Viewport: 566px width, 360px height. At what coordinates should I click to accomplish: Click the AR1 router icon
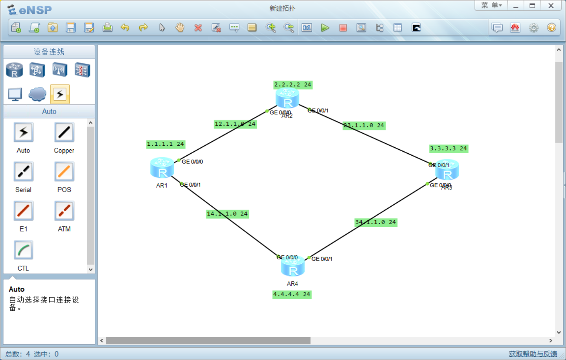click(x=162, y=168)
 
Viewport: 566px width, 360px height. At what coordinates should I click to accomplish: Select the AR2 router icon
click(x=287, y=98)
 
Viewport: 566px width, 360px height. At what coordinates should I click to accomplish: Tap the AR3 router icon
click(x=447, y=170)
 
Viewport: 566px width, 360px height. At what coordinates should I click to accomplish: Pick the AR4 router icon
click(x=293, y=266)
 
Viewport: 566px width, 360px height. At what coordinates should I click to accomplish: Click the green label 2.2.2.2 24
click(x=293, y=84)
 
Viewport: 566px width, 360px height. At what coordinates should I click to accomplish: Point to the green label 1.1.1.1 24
click(x=165, y=144)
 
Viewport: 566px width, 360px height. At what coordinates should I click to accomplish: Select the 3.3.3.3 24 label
click(x=448, y=149)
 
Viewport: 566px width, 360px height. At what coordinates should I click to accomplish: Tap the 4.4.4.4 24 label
click(x=292, y=294)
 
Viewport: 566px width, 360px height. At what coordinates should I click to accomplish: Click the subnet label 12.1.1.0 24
click(x=235, y=124)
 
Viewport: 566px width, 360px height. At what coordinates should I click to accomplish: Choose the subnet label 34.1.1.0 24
click(x=376, y=222)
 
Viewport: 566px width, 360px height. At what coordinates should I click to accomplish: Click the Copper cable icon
click(x=64, y=132)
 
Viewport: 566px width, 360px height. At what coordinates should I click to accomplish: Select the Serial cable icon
click(x=24, y=172)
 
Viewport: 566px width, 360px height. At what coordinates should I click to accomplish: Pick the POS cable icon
click(x=64, y=172)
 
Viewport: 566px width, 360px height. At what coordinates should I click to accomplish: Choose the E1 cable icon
click(x=24, y=211)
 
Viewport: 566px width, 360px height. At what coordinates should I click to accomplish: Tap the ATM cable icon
click(x=64, y=211)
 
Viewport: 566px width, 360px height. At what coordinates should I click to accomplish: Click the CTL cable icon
click(x=24, y=250)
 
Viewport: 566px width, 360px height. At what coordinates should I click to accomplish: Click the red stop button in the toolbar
click(x=343, y=28)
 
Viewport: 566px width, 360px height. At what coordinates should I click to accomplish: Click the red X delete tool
click(x=198, y=28)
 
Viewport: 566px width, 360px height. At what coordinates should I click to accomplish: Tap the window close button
click(x=551, y=6)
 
